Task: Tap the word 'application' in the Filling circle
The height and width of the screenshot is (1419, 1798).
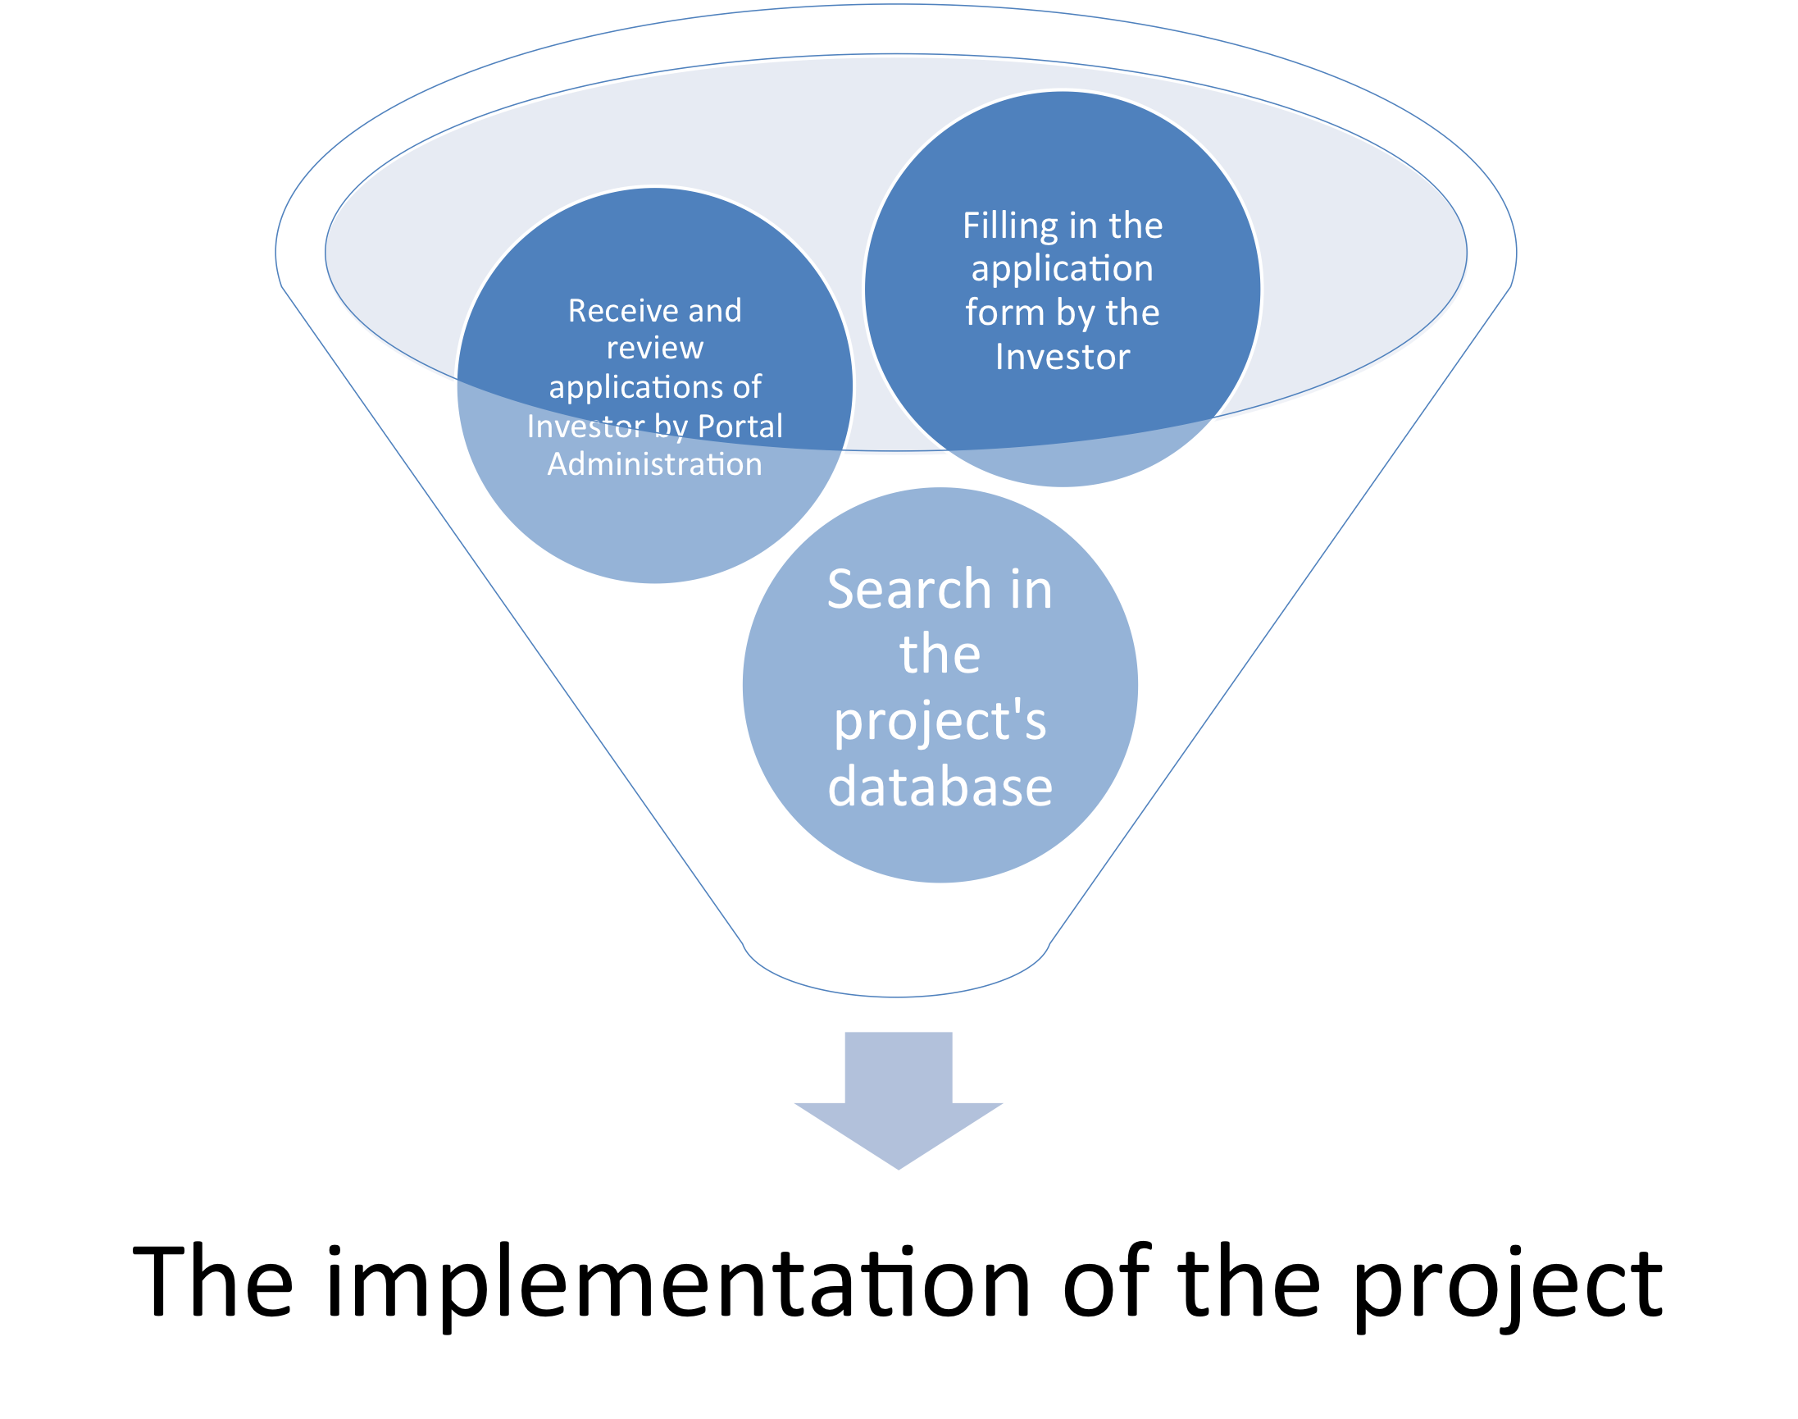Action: pyautogui.click(x=1063, y=269)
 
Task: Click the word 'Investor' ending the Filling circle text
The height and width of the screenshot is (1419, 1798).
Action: pyautogui.click(x=1063, y=358)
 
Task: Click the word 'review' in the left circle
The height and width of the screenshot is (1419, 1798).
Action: pyautogui.click(x=654, y=348)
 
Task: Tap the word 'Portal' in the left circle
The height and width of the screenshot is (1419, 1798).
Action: pyautogui.click(x=740, y=427)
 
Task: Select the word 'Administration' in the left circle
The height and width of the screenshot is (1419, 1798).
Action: pyautogui.click(x=654, y=464)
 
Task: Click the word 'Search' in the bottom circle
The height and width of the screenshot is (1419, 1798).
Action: pyautogui.click(x=909, y=590)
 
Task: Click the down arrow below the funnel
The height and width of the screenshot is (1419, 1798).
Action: pyautogui.click(x=899, y=1097)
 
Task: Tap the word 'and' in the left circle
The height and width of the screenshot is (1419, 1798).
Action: pyautogui.click(x=714, y=311)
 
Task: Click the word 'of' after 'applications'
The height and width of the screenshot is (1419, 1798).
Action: pyautogui.click(x=748, y=387)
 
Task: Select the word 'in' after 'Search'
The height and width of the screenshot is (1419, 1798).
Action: pyautogui.click(x=1031, y=590)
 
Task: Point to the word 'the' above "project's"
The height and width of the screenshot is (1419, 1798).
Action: pyautogui.click(x=940, y=655)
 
